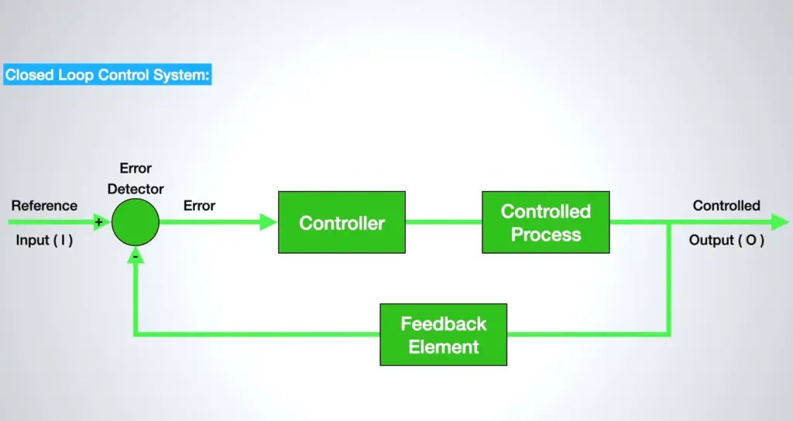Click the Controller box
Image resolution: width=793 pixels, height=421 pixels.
(342, 222)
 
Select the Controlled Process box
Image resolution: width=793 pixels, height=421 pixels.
(545, 222)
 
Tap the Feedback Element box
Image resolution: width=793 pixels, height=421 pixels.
(443, 334)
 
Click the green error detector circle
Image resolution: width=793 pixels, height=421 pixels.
(136, 222)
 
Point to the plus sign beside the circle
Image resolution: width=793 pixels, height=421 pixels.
(98, 222)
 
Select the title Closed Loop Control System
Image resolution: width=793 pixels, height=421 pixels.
(107, 75)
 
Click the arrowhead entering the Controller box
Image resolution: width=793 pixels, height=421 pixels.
(269, 222)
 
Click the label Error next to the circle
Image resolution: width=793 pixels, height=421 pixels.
(199, 206)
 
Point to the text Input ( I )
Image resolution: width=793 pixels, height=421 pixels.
(44, 240)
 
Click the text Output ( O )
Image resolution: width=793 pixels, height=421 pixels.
(726, 240)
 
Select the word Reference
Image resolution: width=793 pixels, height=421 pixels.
(44, 206)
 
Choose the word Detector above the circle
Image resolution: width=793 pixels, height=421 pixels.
(136, 189)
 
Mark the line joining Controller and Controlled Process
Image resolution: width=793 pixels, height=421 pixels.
(443, 222)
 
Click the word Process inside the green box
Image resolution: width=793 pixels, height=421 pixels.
(545, 234)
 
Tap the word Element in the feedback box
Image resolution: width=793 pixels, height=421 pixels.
(443, 347)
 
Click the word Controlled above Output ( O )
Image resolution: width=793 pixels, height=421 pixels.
(726, 206)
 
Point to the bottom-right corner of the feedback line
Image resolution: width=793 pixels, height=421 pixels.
(669, 334)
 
